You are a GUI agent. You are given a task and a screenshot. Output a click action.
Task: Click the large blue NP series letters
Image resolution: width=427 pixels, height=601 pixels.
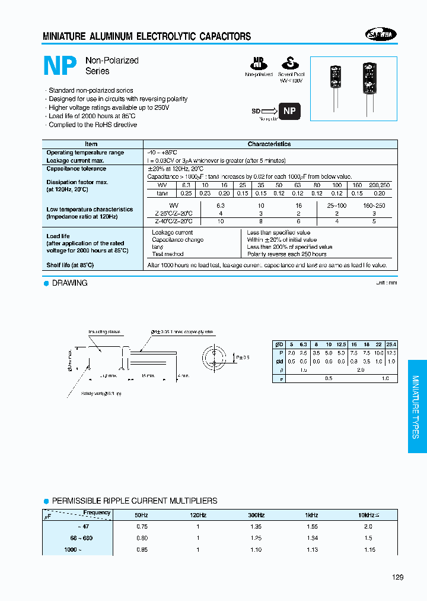pos(60,66)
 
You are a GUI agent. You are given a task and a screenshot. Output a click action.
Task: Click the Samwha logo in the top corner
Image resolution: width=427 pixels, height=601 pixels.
pos(380,35)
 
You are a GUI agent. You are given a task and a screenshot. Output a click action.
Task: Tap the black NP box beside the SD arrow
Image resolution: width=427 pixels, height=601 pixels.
pos(289,111)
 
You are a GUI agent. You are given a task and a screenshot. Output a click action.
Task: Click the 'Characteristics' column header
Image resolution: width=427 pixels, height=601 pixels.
pos(269,144)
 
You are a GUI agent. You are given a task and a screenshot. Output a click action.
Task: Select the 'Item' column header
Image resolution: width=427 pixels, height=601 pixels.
pos(91,144)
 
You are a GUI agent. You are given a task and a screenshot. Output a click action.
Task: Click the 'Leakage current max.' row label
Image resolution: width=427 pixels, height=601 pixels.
pos(75,161)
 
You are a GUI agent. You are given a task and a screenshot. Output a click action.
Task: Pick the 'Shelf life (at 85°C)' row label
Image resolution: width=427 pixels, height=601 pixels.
pos(70,265)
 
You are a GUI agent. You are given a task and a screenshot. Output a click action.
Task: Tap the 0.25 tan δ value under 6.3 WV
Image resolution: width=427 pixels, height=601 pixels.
pos(186,193)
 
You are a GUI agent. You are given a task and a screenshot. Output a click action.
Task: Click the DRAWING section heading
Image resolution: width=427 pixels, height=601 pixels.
pos(69,283)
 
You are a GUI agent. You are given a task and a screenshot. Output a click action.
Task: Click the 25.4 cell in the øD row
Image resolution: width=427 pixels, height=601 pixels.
pos(391,344)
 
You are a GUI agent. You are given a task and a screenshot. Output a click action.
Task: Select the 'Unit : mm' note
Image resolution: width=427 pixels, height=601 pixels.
pos(386,283)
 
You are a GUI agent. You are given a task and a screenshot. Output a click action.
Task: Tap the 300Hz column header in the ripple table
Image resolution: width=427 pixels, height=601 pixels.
pos(256,515)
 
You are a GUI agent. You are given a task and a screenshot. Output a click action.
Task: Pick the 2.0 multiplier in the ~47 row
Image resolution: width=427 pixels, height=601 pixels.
pos(368,526)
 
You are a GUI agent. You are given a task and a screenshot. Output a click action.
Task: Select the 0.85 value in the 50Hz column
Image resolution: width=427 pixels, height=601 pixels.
pos(142,550)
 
